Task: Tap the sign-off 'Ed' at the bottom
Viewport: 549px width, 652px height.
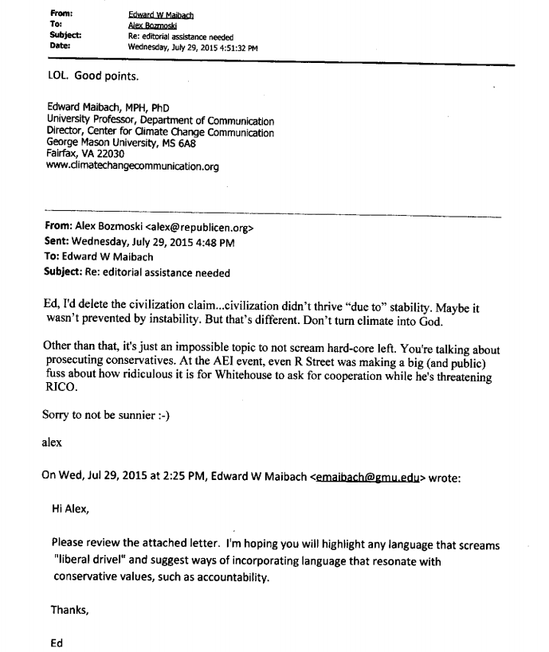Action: point(57,638)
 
